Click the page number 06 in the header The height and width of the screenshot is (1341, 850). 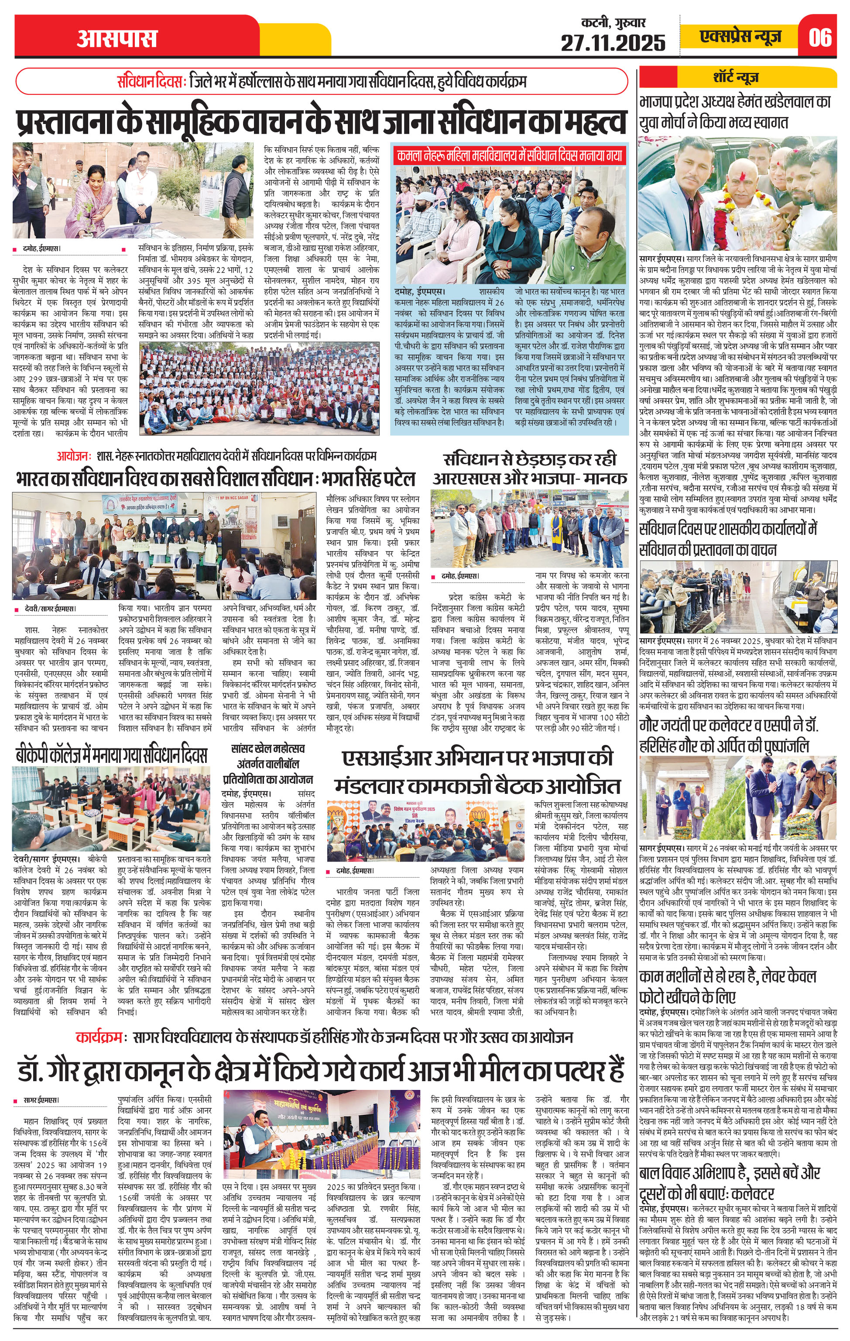820,37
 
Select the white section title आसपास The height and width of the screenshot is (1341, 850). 117,38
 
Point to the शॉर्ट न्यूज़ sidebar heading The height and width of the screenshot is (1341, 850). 739,77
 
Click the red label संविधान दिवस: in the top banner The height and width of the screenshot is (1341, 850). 151,82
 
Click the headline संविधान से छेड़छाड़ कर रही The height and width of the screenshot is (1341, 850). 530,460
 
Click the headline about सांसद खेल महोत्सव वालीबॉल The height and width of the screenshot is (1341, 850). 268,763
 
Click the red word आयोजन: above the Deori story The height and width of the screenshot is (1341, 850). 73,455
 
